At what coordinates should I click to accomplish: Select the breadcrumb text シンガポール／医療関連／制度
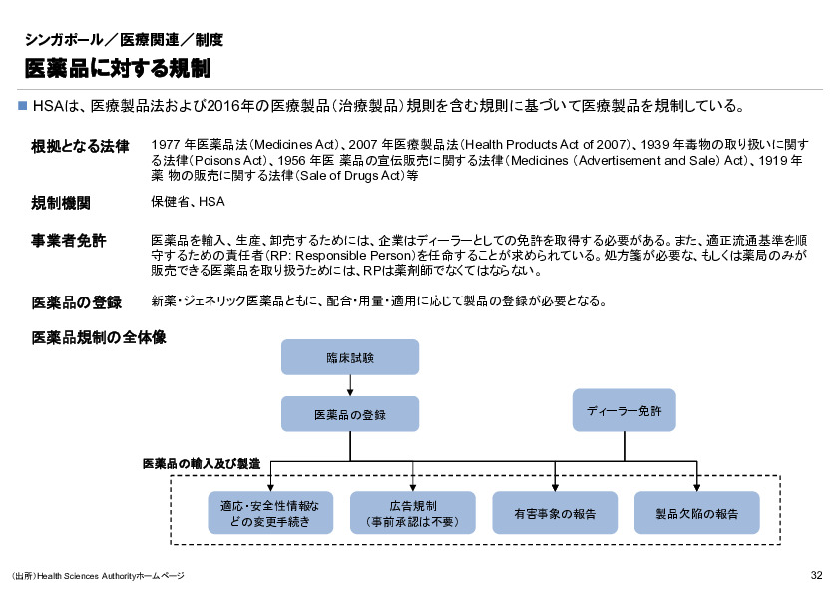124,40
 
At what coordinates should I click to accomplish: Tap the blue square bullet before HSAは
24,105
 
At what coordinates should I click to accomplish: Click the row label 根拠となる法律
81,146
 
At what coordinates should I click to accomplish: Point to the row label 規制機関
62,203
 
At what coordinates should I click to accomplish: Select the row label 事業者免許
70,241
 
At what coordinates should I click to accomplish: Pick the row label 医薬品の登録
77,302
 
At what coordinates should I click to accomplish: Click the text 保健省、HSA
188,202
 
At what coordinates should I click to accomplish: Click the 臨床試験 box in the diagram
350,357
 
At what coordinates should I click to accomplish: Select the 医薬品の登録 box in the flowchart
350,414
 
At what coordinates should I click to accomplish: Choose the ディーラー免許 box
625,410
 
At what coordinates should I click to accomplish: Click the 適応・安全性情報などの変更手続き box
269,513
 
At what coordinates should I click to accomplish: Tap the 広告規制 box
412,513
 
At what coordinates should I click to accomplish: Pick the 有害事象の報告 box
555,513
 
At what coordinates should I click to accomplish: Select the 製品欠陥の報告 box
696,513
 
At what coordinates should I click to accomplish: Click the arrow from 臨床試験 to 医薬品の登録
350,385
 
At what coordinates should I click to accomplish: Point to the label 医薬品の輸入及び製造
202,464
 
